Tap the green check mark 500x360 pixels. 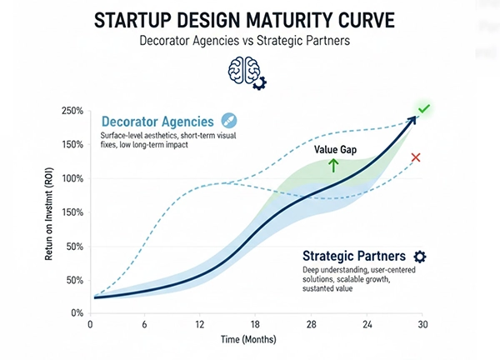point(423,108)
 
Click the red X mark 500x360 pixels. point(417,157)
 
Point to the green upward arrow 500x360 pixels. point(334,165)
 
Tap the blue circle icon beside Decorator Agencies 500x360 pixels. point(230,122)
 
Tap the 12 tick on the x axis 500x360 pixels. point(200,324)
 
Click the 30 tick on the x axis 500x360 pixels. point(422,324)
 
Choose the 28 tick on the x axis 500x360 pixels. point(311,324)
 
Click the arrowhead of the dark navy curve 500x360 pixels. point(412,119)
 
